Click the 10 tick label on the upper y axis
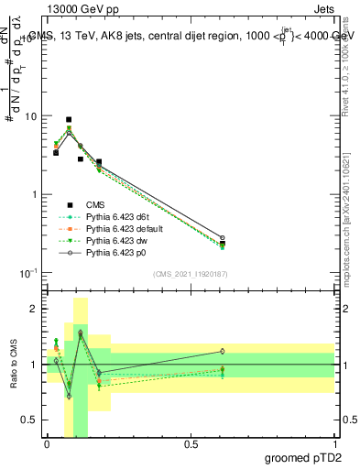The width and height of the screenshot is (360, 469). (30, 117)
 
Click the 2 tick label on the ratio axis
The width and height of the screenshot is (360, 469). (34, 310)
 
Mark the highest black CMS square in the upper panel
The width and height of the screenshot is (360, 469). (69, 120)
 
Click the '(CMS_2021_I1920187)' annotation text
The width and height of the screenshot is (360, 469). (190, 274)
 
